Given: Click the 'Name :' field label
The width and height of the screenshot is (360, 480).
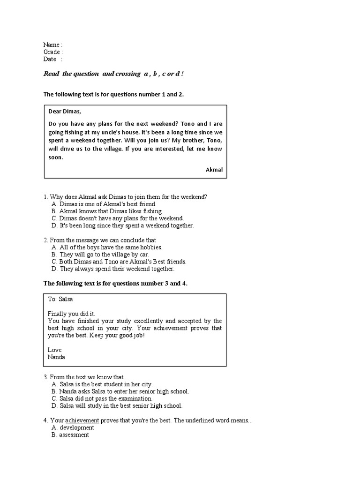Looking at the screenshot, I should click(x=52, y=45).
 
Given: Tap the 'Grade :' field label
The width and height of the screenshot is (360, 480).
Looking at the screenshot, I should click(x=53, y=52).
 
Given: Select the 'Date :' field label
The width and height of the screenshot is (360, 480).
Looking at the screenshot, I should click(x=52, y=59).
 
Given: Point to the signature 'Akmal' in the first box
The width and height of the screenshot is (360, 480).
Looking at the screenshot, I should click(x=214, y=170).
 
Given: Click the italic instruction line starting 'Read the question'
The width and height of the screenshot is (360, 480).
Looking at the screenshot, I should click(x=117, y=74).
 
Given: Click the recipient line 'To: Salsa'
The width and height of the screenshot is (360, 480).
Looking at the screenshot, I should click(x=60, y=299).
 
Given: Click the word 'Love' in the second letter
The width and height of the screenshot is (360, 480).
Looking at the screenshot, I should click(x=54, y=350).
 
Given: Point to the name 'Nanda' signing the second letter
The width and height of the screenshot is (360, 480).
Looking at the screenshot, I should click(x=56, y=357).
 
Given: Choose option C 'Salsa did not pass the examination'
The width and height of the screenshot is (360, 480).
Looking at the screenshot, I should click(x=105, y=398).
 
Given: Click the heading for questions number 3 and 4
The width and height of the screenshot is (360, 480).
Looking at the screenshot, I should click(x=115, y=284).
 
